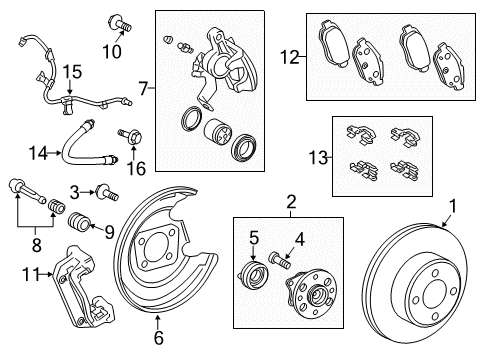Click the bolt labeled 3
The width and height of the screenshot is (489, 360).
coord(102,190)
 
